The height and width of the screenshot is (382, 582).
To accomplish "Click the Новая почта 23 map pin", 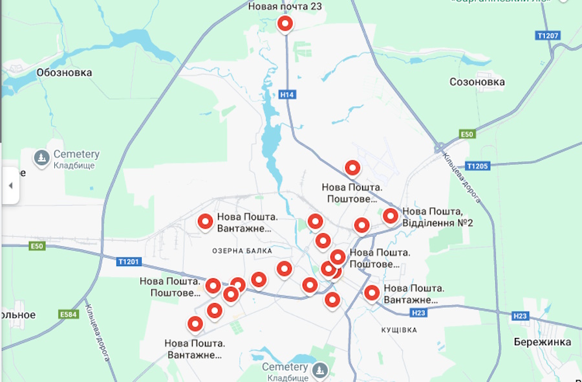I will click(x=285, y=24).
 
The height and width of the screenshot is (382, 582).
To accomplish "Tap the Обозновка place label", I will click(x=65, y=73).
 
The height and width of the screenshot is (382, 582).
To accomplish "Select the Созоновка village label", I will click(x=477, y=82).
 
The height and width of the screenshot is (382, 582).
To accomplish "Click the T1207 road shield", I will click(x=548, y=35).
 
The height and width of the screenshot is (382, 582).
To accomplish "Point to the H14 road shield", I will click(x=288, y=95).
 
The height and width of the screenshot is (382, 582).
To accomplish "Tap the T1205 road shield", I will click(x=477, y=166).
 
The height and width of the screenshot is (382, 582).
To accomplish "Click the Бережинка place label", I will click(x=543, y=342).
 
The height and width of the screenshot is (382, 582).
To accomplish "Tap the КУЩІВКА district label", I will click(x=399, y=330).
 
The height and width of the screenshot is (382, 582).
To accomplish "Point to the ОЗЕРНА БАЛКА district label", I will click(x=242, y=251).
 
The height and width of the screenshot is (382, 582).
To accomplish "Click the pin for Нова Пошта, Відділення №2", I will click(x=390, y=216).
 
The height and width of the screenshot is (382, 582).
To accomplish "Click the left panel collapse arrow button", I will click(x=10, y=185).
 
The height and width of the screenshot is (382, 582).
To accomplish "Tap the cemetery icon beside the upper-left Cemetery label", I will click(x=42, y=158).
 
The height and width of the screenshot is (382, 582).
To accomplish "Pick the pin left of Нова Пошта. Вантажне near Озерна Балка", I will click(x=205, y=222).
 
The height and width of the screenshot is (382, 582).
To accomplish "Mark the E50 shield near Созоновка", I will click(x=467, y=134).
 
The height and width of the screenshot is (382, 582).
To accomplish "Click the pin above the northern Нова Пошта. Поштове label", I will click(x=352, y=168).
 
